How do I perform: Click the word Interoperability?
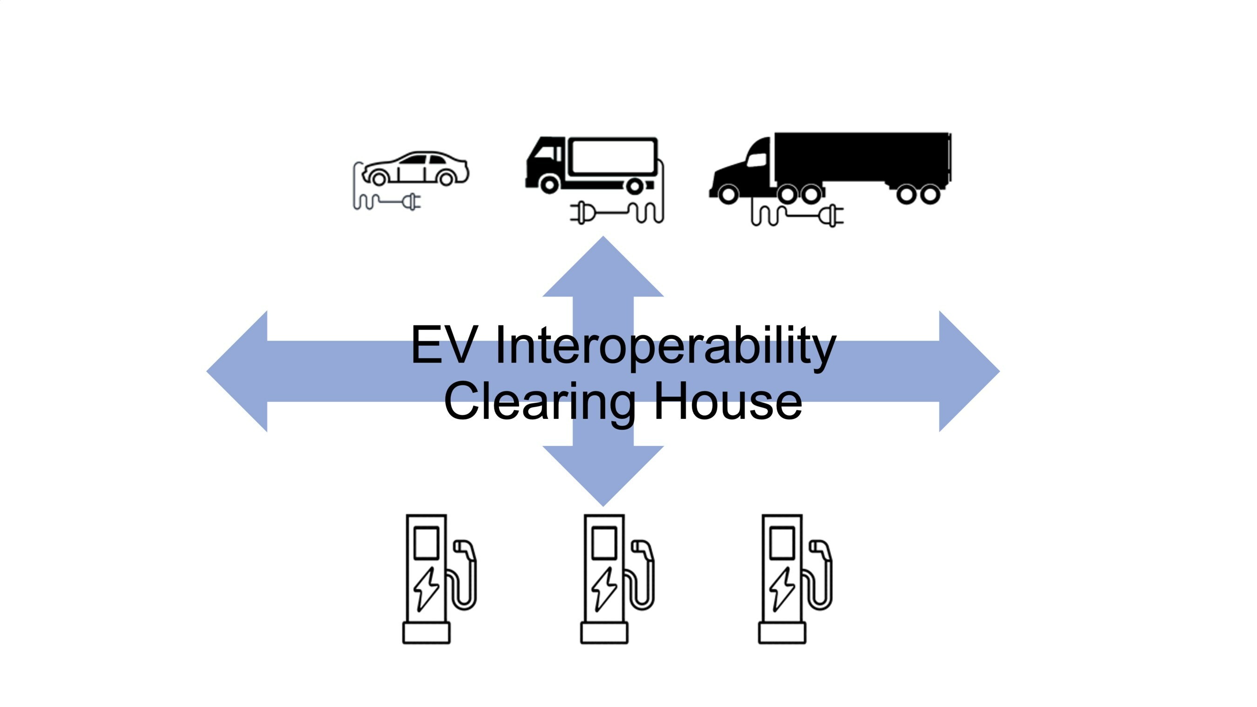(666, 346)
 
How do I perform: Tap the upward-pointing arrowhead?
(603, 269)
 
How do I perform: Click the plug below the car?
(412, 201)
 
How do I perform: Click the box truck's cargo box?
(614, 156)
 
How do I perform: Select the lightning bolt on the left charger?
(426, 589)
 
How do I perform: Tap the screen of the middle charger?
(604, 543)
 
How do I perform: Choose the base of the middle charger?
(604, 633)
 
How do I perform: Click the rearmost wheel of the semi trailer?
(930, 194)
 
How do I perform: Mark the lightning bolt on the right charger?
(782, 589)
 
